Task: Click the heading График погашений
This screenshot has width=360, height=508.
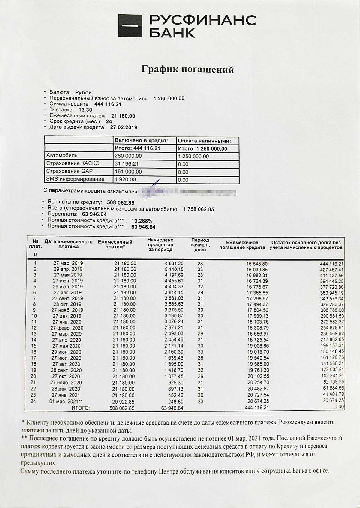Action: coord(187,70)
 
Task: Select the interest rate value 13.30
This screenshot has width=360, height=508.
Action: coord(85,110)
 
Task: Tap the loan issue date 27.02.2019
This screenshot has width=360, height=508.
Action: coord(124,127)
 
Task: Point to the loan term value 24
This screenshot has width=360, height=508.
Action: coord(109,121)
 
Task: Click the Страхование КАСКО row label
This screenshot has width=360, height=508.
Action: coord(73,163)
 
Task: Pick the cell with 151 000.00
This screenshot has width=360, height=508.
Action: coord(128,172)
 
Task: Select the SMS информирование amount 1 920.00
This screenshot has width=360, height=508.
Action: coord(125,179)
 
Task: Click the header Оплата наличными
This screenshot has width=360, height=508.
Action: coord(204,141)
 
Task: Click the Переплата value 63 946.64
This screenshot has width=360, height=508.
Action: coord(94,214)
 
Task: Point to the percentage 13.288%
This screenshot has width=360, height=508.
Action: coord(142,221)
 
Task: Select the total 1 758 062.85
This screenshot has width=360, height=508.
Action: coord(199,209)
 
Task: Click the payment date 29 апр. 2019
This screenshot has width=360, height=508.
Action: coord(68,269)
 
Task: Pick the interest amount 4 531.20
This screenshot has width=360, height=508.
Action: coord(174,264)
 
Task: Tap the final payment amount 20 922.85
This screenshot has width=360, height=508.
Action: coord(124,402)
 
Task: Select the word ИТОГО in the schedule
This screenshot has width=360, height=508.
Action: coord(80,408)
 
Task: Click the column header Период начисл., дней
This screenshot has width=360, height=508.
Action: coord(200,245)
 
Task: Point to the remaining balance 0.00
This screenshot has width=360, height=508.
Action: coord(339,407)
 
